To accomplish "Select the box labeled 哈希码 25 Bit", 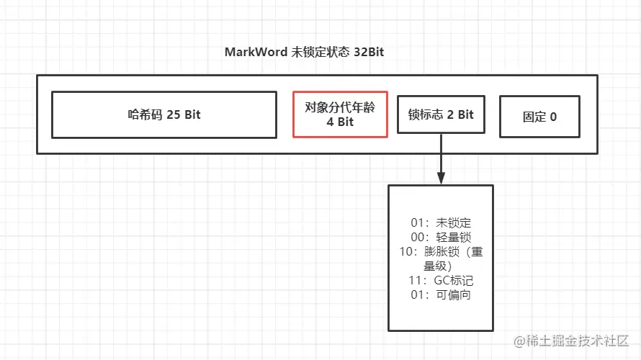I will tap(164, 114).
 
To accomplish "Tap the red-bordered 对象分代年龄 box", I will tap(340, 114).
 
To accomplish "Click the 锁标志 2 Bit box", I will tap(441, 114).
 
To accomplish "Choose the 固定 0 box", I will tap(539, 116).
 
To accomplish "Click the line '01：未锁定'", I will tap(440, 223).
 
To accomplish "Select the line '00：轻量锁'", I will tap(440, 238).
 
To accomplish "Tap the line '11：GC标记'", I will tap(440, 281).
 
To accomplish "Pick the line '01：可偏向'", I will tap(440, 295).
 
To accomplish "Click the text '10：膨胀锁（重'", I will tap(440, 252).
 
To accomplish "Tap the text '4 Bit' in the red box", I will tap(340, 122).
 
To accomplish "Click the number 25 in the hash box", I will tap(173, 114).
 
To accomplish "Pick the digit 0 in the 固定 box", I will tap(553, 116).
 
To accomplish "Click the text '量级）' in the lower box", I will tap(440, 266).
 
